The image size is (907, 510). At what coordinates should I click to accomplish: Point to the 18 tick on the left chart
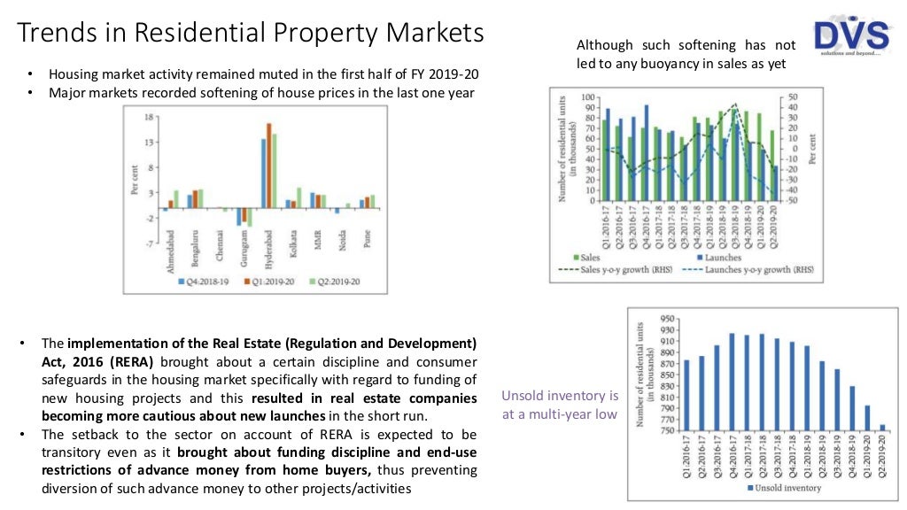[x=150, y=116]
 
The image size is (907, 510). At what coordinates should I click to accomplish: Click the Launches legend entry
[x=719, y=258]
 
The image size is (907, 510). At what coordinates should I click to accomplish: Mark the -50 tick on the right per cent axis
[x=793, y=201]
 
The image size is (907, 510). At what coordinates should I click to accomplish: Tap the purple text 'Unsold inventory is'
[x=560, y=396]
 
